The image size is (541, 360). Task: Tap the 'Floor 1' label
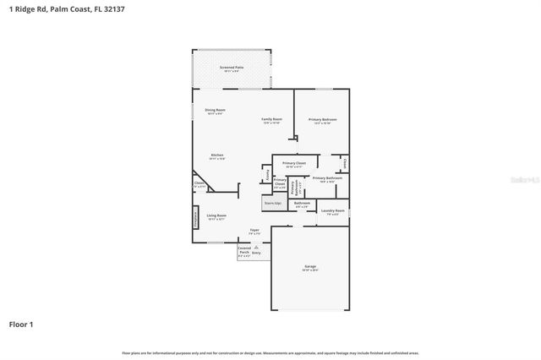(21, 324)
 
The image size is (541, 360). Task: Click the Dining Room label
(215, 111)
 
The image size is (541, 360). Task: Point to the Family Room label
(270, 120)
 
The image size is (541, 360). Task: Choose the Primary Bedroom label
(322, 120)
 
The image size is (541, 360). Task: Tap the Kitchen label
(217, 156)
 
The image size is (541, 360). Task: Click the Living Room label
(216, 216)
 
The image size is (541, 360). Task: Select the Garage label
(310, 268)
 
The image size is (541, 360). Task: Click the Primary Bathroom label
(327, 178)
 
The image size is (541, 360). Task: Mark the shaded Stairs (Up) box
(273, 203)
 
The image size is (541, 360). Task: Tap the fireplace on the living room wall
(195, 217)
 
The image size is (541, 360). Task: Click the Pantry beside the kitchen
(268, 175)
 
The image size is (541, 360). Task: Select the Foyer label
(254, 232)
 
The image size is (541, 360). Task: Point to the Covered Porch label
(243, 250)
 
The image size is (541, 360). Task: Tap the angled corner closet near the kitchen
(199, 184)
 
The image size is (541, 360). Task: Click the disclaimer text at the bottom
(270, 352)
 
